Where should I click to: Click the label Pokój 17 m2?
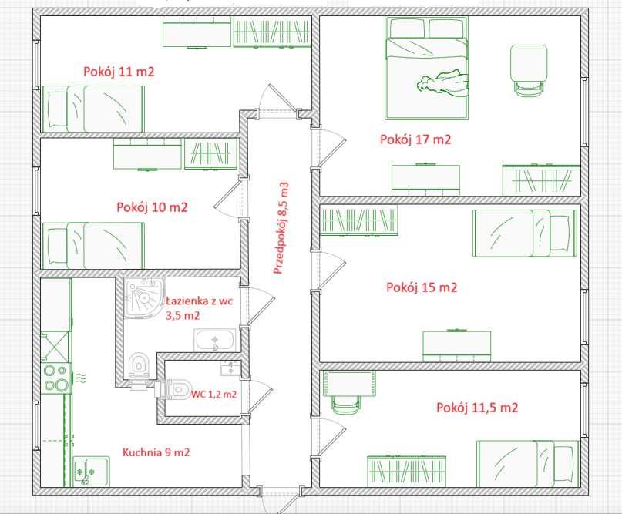(415, 139)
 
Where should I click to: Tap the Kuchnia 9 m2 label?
(156, 452)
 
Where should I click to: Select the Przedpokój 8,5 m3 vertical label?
(281, 228)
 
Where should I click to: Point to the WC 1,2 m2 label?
(214, 395)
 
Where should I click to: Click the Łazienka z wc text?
(199, 301)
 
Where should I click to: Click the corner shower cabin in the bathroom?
(144, 298)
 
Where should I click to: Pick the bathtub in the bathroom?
(214, 340)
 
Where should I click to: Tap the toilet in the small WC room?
(173, 389)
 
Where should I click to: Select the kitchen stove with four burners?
(57, 378)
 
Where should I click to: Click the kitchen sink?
(91, 471)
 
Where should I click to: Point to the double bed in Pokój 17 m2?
(426, 68)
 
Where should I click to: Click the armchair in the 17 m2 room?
(529, 70)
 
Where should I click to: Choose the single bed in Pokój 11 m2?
(93, 109)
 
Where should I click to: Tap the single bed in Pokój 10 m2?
(93, 246)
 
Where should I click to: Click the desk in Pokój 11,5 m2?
(349, 384)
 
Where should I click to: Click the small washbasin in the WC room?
(230, 368)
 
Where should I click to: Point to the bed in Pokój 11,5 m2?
(528, 464)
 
